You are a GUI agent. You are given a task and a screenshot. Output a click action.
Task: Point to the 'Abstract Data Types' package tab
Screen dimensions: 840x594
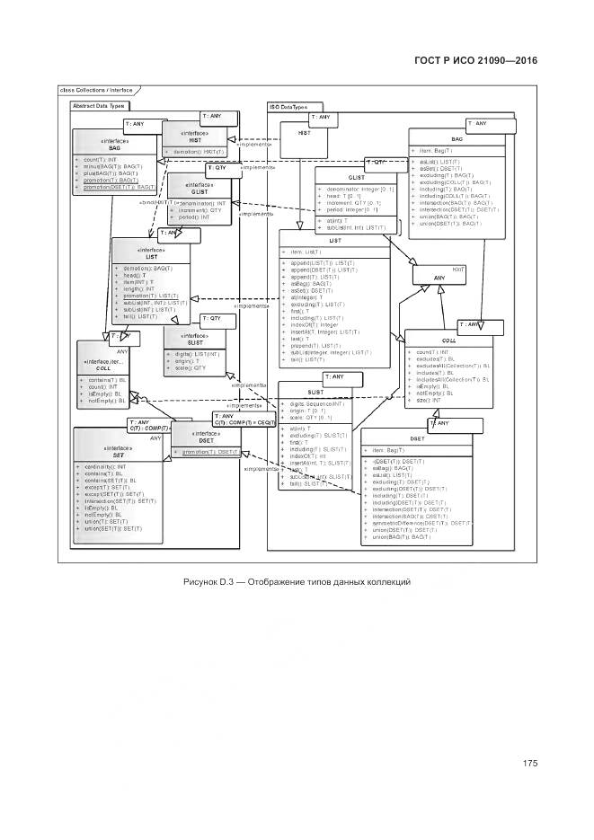click(98, 106)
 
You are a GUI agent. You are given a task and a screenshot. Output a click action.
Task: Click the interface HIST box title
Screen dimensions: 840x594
click(195, 139)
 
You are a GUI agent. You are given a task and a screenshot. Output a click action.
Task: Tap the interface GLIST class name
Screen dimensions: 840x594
click(199, 191)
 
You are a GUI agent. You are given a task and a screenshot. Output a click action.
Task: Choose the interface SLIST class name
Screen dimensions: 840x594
click(196, 341)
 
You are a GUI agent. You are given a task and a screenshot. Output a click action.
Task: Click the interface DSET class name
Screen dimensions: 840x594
click(206, 439)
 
